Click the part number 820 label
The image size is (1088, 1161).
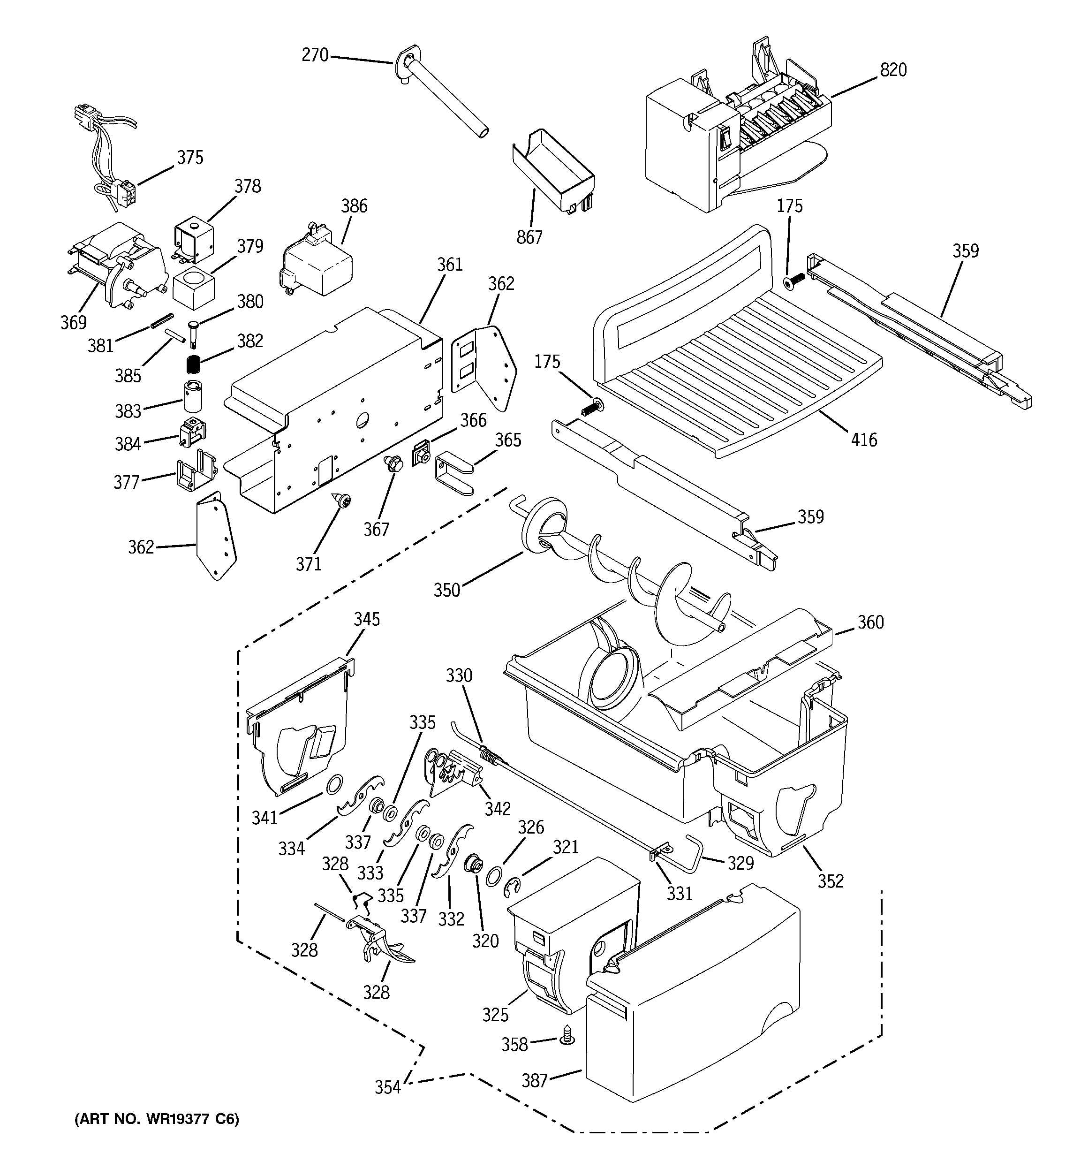click(x=893, y=70)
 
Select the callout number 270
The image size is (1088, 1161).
click(x=315, y=55)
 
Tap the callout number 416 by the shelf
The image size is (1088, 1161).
click(x=864, y=439)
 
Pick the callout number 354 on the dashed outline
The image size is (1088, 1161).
click(x=388, y=1087)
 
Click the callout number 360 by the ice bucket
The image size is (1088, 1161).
click(x=870, y=622)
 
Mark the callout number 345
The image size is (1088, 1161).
click(x=366, y=619)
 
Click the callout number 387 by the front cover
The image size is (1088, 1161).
click(x=534, y=1080)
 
